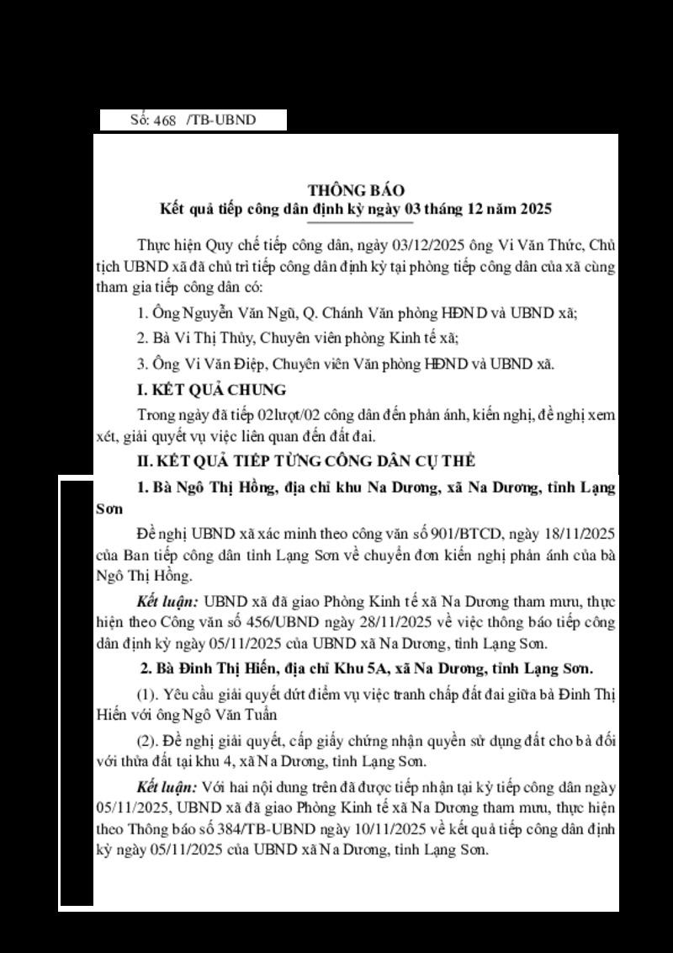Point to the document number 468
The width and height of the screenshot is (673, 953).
(x=165, y=120)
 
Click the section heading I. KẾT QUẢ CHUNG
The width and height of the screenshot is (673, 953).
(x=211, y=390)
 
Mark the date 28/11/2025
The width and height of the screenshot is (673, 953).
(x=418, y=624)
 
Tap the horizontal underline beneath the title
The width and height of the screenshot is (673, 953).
(x=361, y=223)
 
